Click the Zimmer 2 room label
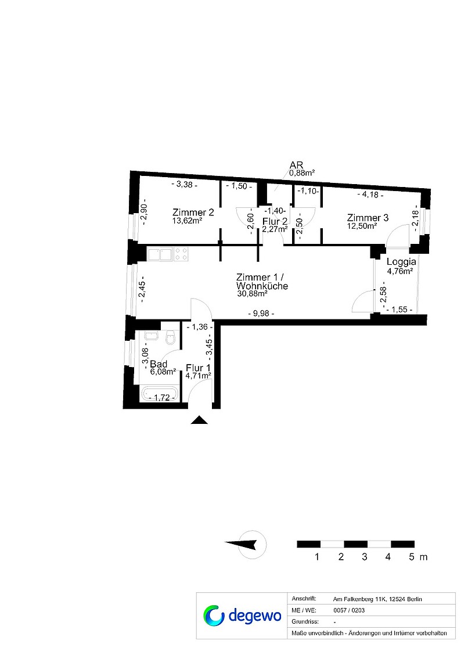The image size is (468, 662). point(193,213)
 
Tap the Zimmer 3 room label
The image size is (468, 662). point(368,218)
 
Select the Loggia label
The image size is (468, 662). point(401,262)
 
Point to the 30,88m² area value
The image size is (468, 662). point(252,293)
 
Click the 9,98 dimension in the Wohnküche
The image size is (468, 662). point(261,313)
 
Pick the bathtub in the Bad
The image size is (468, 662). point(160,394)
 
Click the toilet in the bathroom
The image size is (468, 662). point(171,338)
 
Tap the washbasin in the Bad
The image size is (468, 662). point(150,336)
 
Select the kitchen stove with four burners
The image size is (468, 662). point(181,254)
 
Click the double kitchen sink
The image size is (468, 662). point(160,254)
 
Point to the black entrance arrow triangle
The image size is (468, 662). point(199,420)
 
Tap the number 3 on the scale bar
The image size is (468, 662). point(365,557)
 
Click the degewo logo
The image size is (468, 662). point(242,615)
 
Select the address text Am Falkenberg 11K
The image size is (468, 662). point(359,599)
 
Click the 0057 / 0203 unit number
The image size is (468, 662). point(349,610)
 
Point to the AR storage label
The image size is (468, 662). point(296,165)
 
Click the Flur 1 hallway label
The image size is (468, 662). point(198,368)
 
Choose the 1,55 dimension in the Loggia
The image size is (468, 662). point(399,310)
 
